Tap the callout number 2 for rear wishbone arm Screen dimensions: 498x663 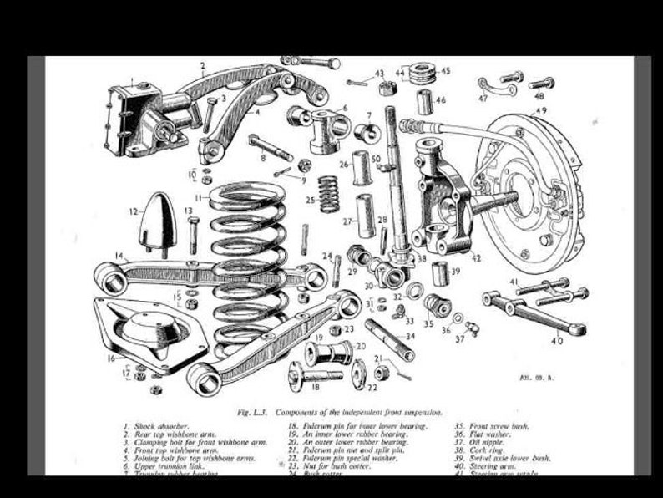click(x=202, y=64)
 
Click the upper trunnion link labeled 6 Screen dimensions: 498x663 click(x=327, y=128)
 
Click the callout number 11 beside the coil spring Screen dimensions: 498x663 click(x=199, y=198)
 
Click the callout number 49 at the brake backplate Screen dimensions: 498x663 click(x=541, y=109)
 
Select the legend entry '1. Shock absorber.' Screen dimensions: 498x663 click(x=154, y=426)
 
